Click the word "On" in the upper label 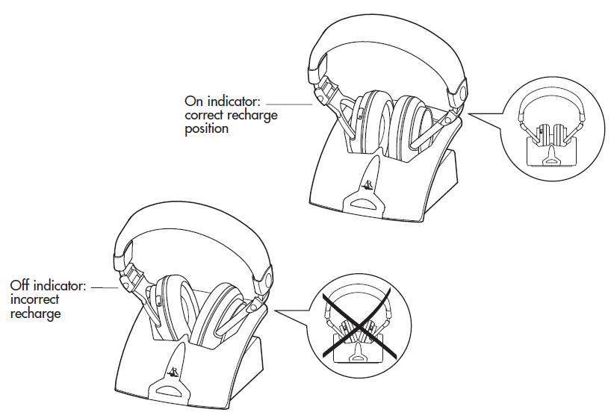pyautogui.click(x=194, y=102)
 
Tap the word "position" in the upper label pyautogui.click(x=206, y=129)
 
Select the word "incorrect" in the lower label pyautogui.click(x=34, y=299)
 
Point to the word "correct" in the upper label pyautogui.click(x=204, y=115)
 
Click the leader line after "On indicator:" pyautogui.click(x=289, y=104)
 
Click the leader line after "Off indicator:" pyautogui.click(x=105, y=288)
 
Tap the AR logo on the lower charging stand pyautogui.click(x=173, y=372)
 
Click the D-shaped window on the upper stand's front pyautogui.click(x=364, y=202)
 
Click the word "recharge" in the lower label pyautogui.click(x=35, y=314)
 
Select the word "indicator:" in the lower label pyautogui.click(x=60, y=286)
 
